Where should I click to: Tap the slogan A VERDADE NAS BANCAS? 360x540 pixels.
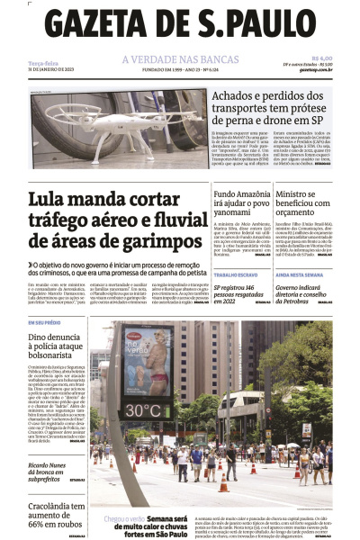click(x=180, y=60)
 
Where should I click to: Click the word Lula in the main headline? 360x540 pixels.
click(x=50, y=200)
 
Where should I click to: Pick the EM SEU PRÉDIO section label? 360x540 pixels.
click(x=45, y=322)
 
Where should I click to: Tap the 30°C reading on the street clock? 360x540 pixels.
click(x=142, y=410)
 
